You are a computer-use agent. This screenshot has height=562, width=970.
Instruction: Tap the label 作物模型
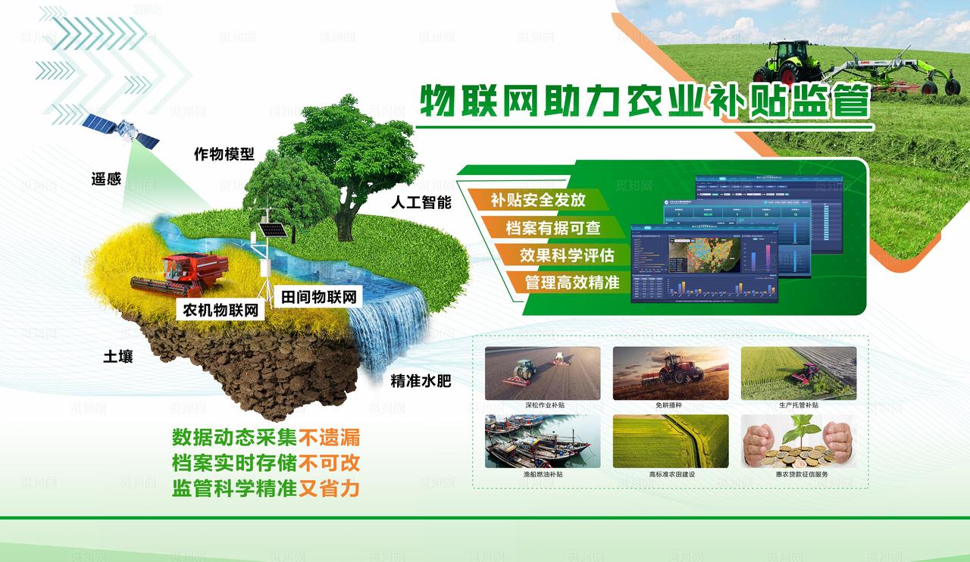coord(224,155)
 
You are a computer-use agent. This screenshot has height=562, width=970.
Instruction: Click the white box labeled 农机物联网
coord(221,310)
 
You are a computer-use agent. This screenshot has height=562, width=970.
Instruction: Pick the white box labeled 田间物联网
coord(318,296)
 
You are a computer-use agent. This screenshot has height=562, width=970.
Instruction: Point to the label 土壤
coord(118,356)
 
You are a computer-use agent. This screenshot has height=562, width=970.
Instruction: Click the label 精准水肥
coord(421,380)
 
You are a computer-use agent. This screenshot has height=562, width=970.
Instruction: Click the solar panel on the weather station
coord(268,229)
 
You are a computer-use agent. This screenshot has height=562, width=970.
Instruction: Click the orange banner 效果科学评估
coord(566,255)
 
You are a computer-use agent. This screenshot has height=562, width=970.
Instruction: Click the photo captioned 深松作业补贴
coord(543,373)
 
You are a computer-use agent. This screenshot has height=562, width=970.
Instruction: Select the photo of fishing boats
coord(543,441)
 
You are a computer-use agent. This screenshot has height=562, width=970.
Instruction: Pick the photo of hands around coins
coord(798,441)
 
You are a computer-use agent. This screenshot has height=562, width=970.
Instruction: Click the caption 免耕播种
coord(670,405)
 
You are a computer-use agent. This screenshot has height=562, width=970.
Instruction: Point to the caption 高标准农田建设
coord(671,474)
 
